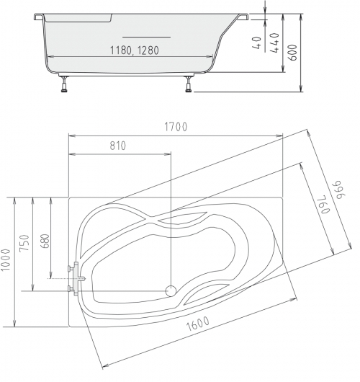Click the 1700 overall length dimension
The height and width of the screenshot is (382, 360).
pyautogui.click(x=176, y=127)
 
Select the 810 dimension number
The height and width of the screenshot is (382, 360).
pyautogui.click(x=118, y=146)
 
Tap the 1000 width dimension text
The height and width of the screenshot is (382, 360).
pyautogui.click(x=5, y=259)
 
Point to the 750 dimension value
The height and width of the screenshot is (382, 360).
pyautogui.click(x=24, y=243)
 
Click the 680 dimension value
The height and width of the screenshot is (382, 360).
pyautogui.click(x=45, y=241)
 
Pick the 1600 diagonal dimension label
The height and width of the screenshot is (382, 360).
pyautogui.click(x=198, y=324)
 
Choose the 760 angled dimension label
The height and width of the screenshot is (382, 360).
pyautogui.click(x=324, y=204)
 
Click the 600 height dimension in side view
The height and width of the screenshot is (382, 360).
pyautogui.click(x=292, y=53)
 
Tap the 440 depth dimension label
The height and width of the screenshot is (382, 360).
pyautogui.click(x=274, y=43)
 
